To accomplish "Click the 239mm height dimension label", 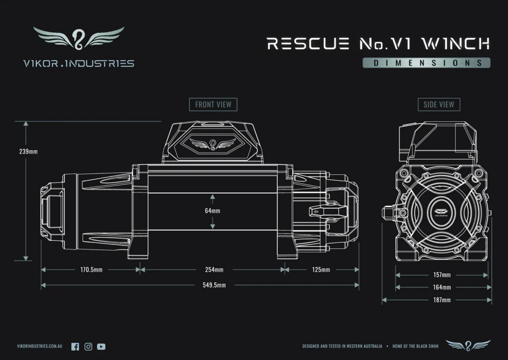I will point(28,152).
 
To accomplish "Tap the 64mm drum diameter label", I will point(212,211).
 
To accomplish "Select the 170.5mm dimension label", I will point(91,270).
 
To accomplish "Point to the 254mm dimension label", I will point(214,270).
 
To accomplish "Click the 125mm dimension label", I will point(321,270).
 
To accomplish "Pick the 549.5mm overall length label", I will point(214,285).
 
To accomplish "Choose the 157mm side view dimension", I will point(442,275).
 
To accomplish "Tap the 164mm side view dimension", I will point(442,287).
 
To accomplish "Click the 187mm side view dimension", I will point(442,300).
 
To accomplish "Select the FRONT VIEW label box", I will point(213,104).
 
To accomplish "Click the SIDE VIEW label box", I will point(439,104).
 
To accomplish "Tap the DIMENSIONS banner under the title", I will point(426,63).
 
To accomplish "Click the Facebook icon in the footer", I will point(75,347).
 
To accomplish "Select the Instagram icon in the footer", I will point(88,347).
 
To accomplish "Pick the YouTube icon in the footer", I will point(101,347).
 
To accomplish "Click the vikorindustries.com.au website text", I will point(39,346).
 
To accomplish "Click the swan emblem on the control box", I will point(213,144).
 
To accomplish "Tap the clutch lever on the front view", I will point(327,211).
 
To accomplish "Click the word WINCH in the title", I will point(456,44).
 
